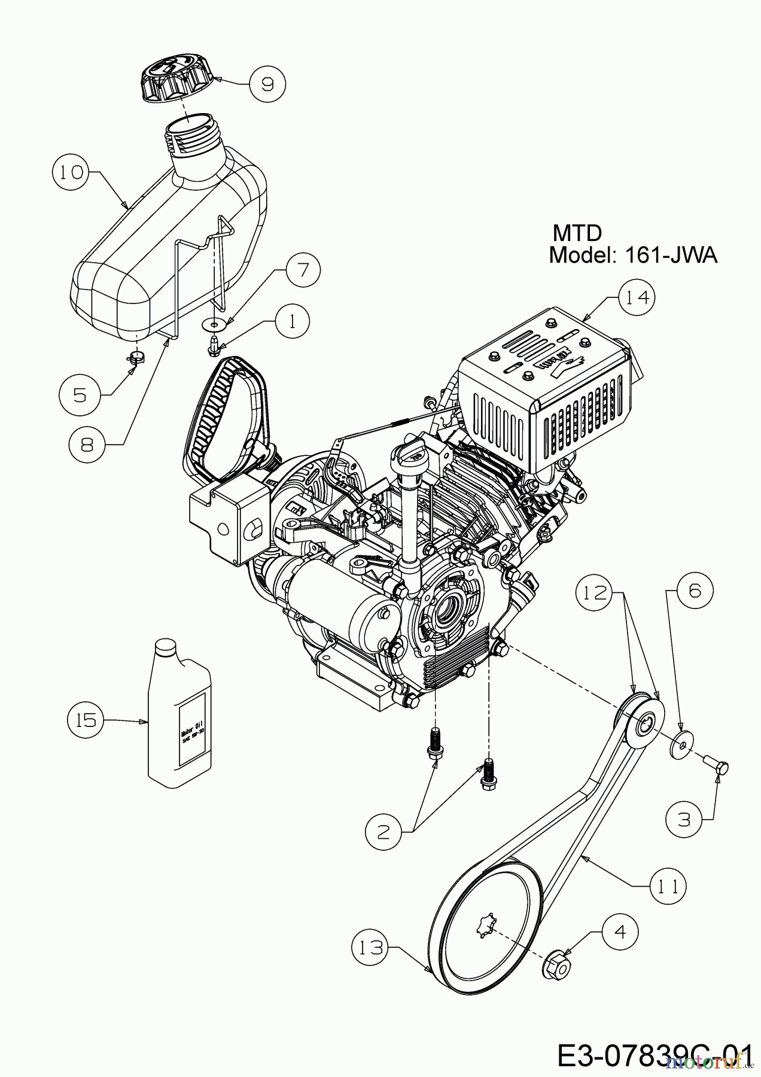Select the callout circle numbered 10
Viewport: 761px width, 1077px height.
71,172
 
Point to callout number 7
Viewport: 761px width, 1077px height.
303,270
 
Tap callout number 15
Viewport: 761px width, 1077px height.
86,720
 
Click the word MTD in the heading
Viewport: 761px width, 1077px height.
576,232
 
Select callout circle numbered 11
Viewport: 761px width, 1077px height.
668,886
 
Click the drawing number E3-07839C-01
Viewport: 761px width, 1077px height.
653,1055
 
